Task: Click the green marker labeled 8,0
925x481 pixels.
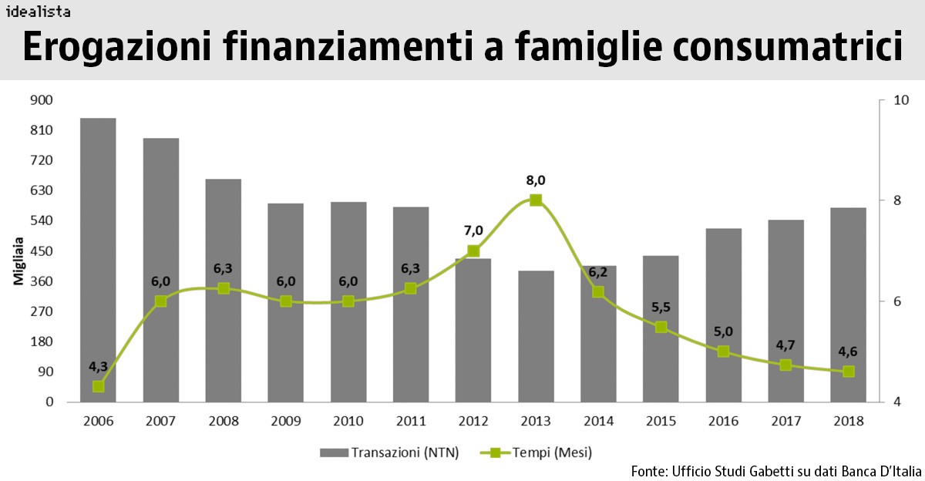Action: point(536,200)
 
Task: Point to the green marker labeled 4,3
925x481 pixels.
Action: point(99,386)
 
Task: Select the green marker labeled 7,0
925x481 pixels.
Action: point(473,251)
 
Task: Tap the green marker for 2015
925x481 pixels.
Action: point(661,327)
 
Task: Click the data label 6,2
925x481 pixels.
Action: point(598,271)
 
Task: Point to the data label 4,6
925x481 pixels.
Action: point(848,351)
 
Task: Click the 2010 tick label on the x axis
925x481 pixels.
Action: point(348,422)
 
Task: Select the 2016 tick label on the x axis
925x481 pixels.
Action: point(723,422)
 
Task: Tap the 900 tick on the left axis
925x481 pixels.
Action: point(42,99)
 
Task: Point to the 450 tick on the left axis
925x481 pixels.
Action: point(42,251)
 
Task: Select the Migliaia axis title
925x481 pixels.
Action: point(18,262)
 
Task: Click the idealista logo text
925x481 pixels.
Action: point(38,11)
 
